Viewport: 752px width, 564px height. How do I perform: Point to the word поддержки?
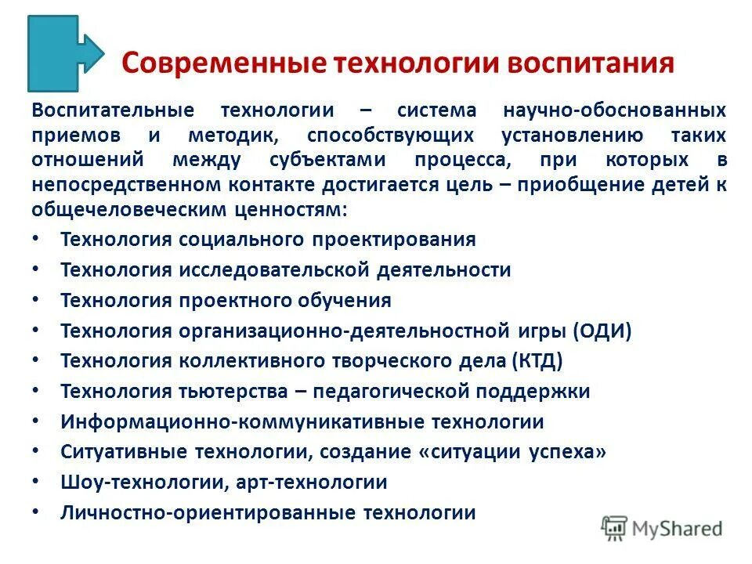click(540, 391)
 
